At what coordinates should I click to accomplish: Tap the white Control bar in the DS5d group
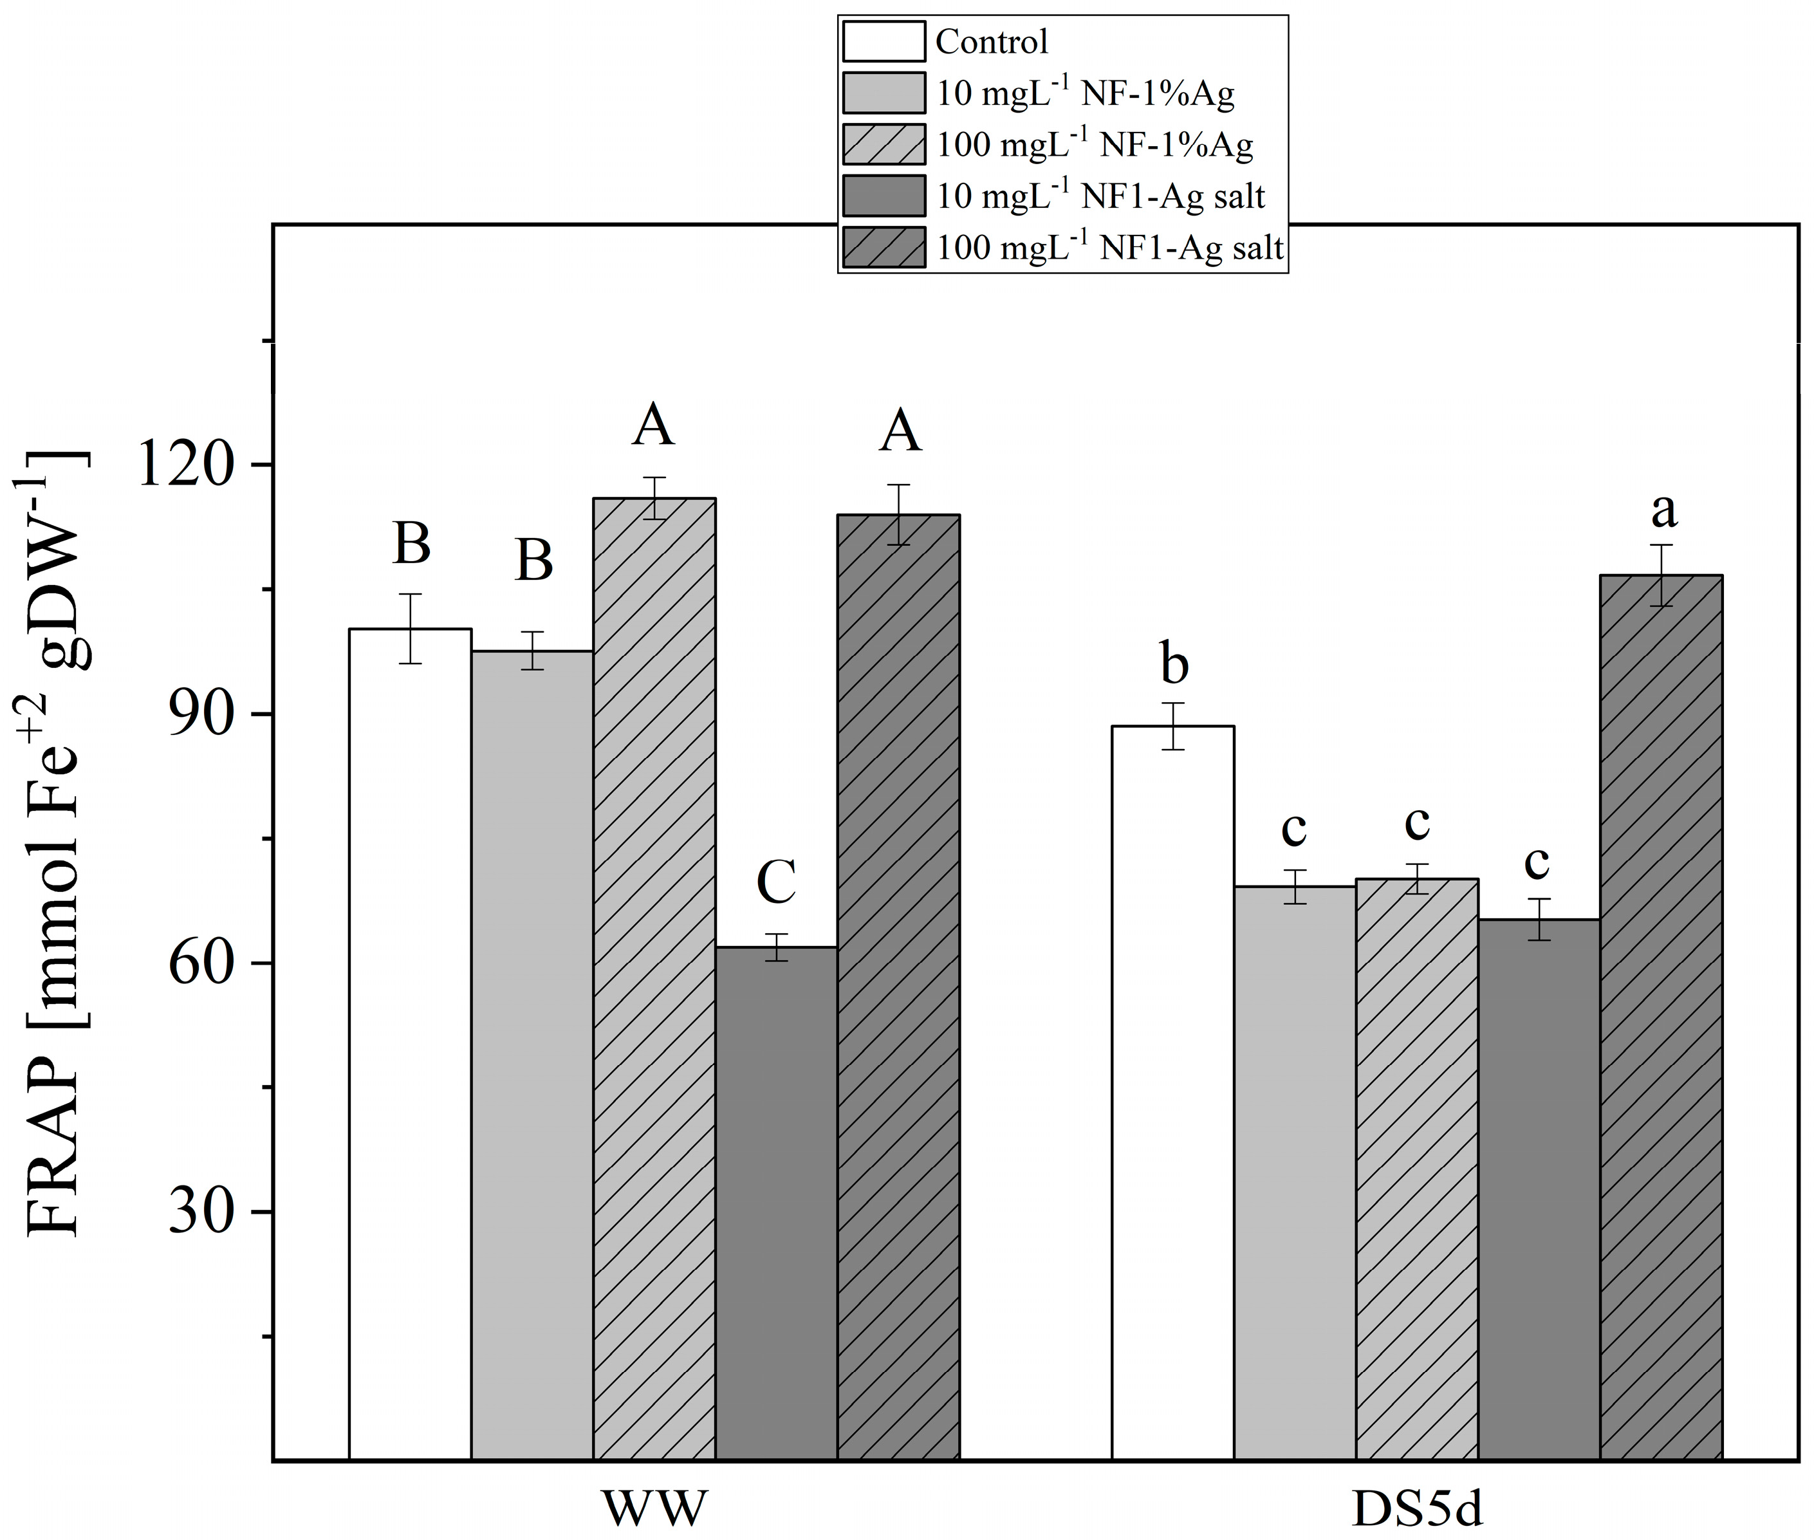coord(1172,1091)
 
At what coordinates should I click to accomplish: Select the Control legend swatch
coord(884,42)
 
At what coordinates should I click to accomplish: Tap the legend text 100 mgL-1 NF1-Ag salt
coord(1109,248)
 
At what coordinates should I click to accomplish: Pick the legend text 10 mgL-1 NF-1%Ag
coord(1085,93)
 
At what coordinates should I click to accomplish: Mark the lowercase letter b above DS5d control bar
coord(1174,665)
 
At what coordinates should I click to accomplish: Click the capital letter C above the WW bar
coord(776,882)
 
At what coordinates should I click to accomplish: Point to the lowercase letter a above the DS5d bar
coord(1664,511)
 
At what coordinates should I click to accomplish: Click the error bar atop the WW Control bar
coord(411,629)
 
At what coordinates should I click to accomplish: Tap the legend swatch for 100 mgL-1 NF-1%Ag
coord(884,145)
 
